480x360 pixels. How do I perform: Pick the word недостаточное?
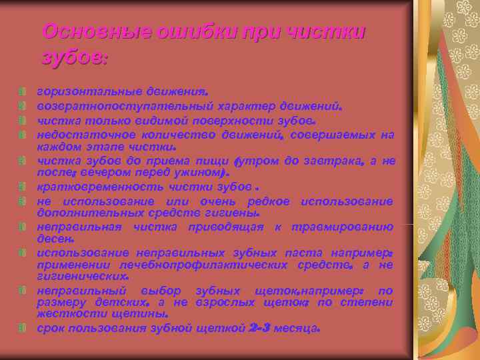(x=79, y=135)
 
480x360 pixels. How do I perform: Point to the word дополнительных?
(x=81, y=213)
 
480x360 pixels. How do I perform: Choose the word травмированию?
(x=346, y=227)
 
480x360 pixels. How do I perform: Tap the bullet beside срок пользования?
(x=23, y=328)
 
